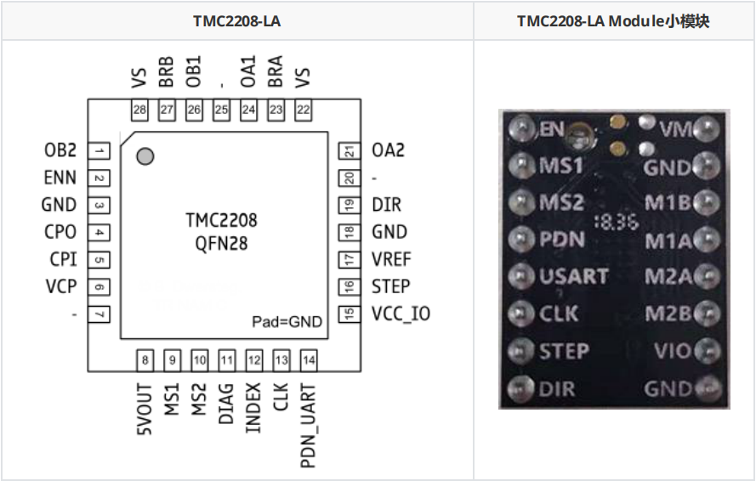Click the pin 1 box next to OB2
tap(100, 151)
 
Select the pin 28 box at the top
tap(139, 110)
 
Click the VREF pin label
tap(391, 259)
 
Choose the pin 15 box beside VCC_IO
tap(349, 314)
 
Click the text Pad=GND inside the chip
tap(287, 321)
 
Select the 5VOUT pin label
tap(145, 410)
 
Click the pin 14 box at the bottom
tap(309, 360)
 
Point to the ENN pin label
tap(60, 178)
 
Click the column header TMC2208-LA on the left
tap(236, 21)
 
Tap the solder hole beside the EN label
tap(520, 128)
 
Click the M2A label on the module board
tap(667, 277)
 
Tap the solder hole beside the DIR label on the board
tap(520, 389)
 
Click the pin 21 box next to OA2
tap(349, 151)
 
